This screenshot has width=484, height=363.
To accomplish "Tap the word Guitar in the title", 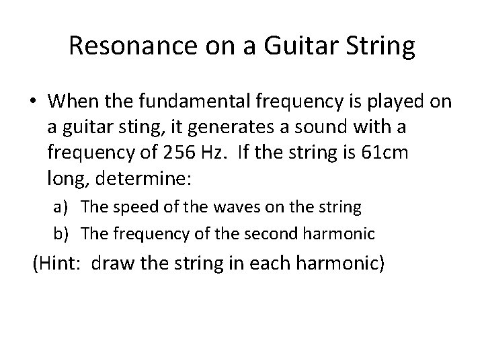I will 295,47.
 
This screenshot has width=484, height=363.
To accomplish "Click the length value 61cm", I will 391,153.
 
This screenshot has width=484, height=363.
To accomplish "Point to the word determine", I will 140,179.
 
